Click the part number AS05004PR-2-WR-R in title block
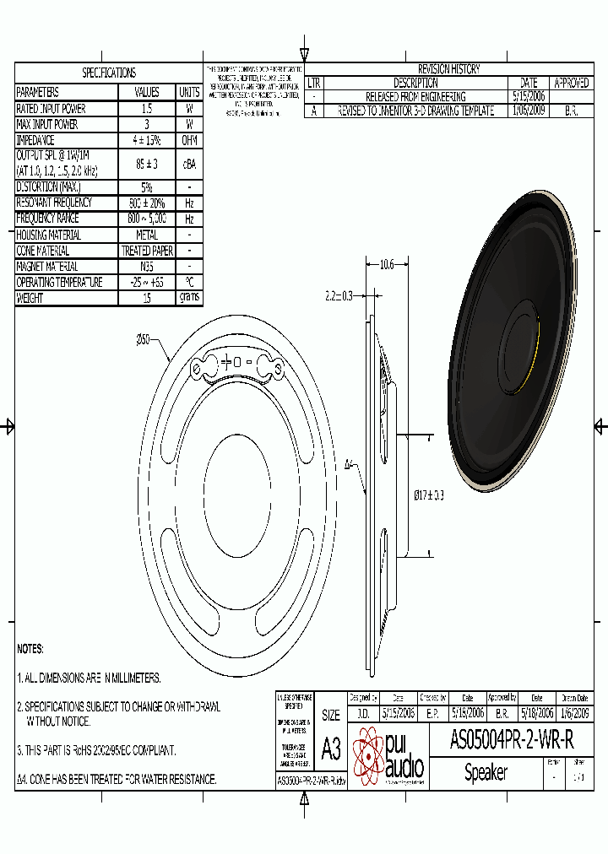point(512,741)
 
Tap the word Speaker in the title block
point(486,772)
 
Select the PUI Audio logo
point(388,756)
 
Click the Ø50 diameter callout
point(143,339)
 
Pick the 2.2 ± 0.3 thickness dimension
point(338,295)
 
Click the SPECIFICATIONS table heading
point(108,73)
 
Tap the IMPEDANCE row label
point(35,140)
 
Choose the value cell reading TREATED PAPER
point(147,251)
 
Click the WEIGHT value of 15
point(147,298)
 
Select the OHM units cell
point(189,140)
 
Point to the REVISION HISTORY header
point(449,69)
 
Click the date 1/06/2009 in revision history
point(529,111)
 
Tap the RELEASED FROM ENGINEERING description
point(415,97)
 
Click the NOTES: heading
point(30,649)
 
